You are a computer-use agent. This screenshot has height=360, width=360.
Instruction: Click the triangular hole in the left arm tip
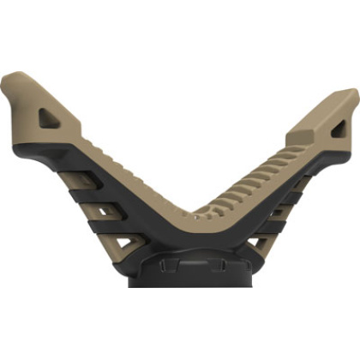(x=49, y=117)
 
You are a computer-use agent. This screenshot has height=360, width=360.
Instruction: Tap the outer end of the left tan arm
(x=10, y=86)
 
